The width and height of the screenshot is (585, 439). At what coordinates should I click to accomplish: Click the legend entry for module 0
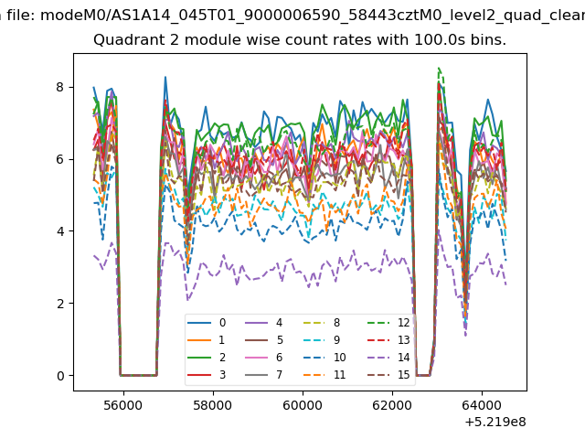[x=207, y=323]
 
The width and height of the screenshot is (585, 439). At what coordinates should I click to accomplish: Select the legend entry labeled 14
[x=388, y=358]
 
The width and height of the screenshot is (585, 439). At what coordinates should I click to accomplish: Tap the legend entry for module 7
[x=264, y=374]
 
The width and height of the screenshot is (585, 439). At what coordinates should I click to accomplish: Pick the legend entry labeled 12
[x=388, y=323]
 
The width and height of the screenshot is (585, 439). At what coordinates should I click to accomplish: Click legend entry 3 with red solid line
[x=207, y=374]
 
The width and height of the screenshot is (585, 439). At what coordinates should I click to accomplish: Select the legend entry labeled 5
[x=264, y=339]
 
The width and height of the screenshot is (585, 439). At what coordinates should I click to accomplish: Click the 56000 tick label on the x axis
[x=123, y=405]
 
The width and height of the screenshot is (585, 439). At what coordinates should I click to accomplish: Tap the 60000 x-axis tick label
[x=303, y=405]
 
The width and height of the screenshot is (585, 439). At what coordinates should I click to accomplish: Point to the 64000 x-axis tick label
[x=482, y=405]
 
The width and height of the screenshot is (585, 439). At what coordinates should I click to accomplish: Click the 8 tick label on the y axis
[x=59, y=87]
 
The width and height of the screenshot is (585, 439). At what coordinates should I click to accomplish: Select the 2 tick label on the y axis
[x=59, y=304]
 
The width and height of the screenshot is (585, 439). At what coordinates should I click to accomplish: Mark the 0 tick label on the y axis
[x=59, y=376]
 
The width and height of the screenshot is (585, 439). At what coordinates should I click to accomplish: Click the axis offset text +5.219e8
[x=495, y=422]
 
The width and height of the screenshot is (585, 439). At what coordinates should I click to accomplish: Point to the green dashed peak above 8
[x=439, y=69]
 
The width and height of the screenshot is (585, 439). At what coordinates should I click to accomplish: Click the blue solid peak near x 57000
[x=165, y=77]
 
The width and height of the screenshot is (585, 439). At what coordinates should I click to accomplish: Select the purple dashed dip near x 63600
[x=465, y=336]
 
